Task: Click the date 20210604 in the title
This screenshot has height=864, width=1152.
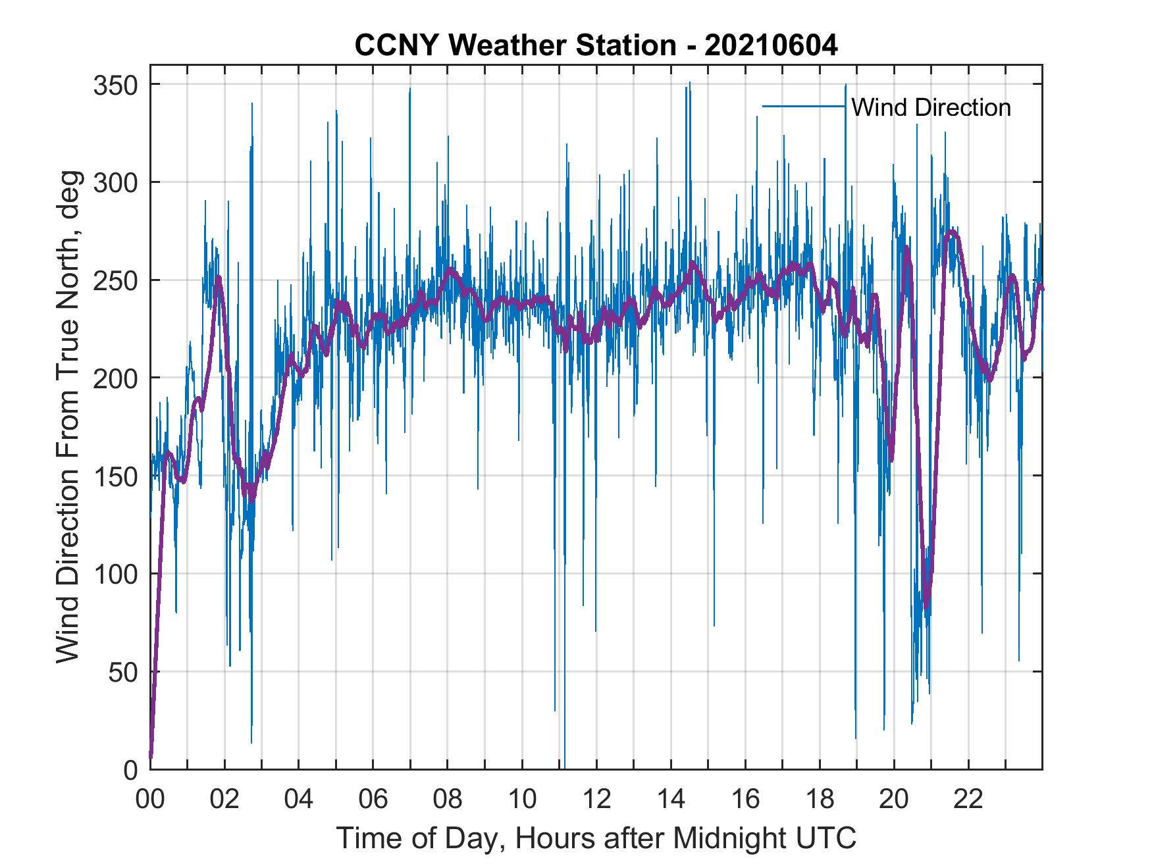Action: point(771,46)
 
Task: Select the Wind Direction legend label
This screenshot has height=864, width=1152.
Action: point(931,107)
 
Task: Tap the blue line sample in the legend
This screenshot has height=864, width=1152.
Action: point(803,107)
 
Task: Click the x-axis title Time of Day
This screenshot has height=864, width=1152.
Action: point(596,838)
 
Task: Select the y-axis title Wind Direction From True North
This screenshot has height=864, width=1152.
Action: point(68,417)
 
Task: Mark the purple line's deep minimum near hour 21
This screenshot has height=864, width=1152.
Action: point(927,607)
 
